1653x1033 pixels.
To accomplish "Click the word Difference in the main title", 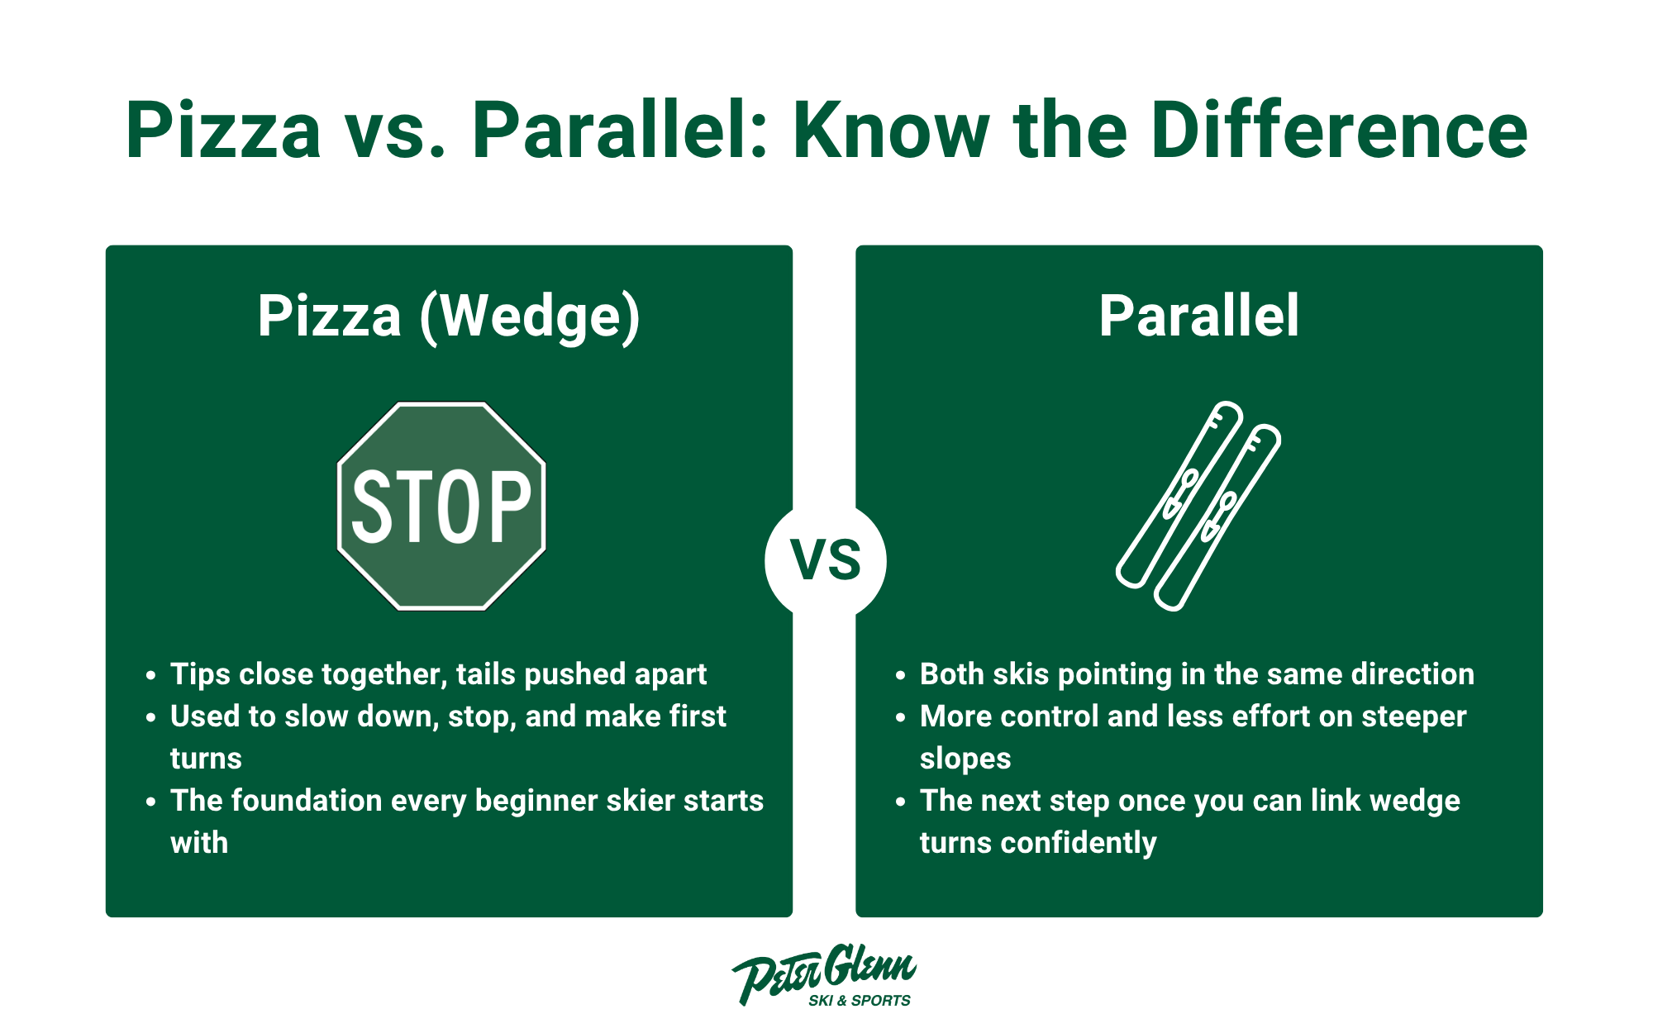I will (1338, 131).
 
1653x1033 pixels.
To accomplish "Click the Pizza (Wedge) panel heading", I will (449, 317).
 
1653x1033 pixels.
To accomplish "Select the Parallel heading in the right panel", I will (1198, 317).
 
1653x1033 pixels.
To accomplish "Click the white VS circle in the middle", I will (825, 561).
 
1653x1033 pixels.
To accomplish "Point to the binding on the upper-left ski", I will (1180, 493).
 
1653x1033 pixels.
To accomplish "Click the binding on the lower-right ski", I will (1219, 516).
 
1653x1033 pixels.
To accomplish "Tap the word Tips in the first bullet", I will (199, 674).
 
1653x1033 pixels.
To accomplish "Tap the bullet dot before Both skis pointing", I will (900, 675).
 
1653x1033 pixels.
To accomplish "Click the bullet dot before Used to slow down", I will (150, 717).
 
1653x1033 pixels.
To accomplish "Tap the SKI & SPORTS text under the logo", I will (859, 1001).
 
